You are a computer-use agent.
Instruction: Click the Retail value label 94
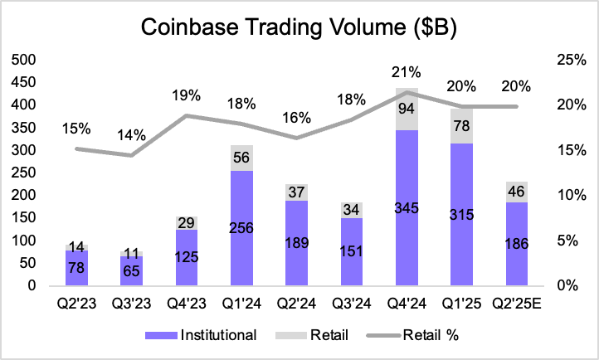click(407, 109)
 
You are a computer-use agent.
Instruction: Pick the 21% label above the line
click(407, 73)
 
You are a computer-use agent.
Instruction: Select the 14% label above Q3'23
click(132, 135)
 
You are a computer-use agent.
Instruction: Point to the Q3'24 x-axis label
click(351, 304)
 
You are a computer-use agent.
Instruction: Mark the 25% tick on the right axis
click(573, 61)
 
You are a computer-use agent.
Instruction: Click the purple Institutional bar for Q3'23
click(133, 271)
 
